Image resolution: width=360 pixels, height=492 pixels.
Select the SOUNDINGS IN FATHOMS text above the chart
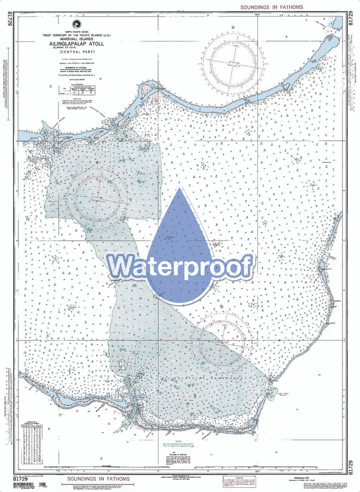tap(272, 7)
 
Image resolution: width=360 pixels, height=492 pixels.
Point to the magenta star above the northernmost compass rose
tap(233, 27)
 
